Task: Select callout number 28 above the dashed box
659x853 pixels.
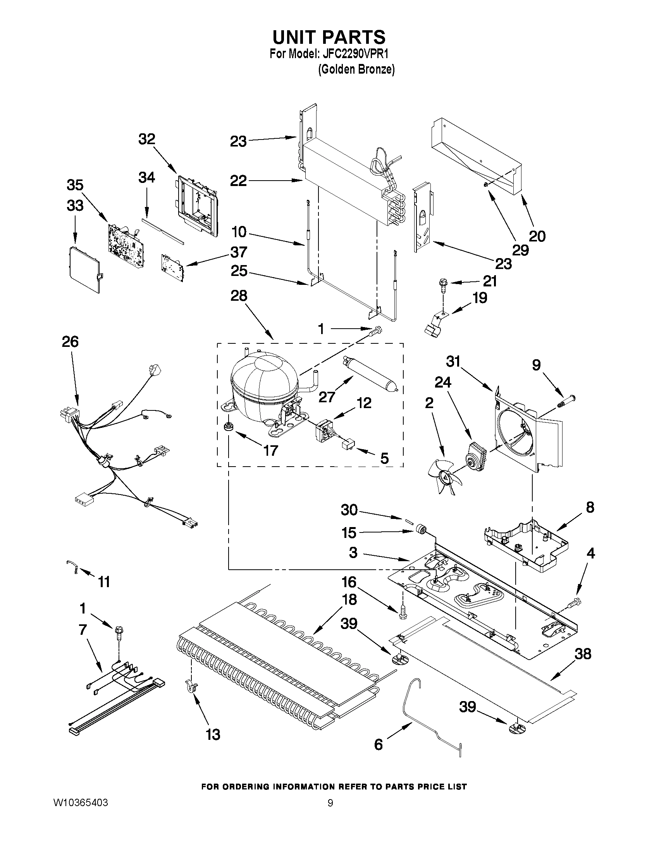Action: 239,296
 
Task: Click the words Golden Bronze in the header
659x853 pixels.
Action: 356,70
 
